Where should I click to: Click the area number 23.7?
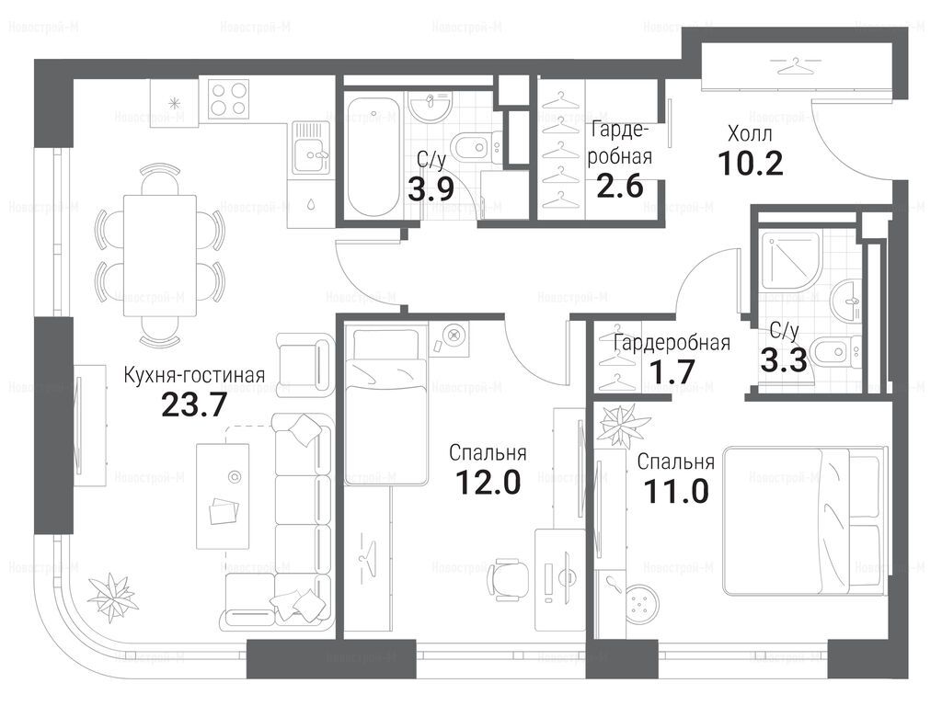(194, 404)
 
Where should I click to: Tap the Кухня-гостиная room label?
(194, 375)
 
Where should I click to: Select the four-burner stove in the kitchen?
(228, 98)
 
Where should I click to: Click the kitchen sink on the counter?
(311, 148)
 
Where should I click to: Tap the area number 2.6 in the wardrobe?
(619, 186)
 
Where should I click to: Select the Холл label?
(750, 134)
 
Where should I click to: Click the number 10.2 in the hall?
(751, 164)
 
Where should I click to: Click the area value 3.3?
(783, 360)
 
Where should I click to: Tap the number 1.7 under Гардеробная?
(672, 371)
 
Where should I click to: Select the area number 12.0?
(488, 482)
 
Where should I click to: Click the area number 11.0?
(676, 491)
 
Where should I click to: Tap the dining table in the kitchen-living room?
(160, 256)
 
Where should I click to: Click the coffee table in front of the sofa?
(223, 495)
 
